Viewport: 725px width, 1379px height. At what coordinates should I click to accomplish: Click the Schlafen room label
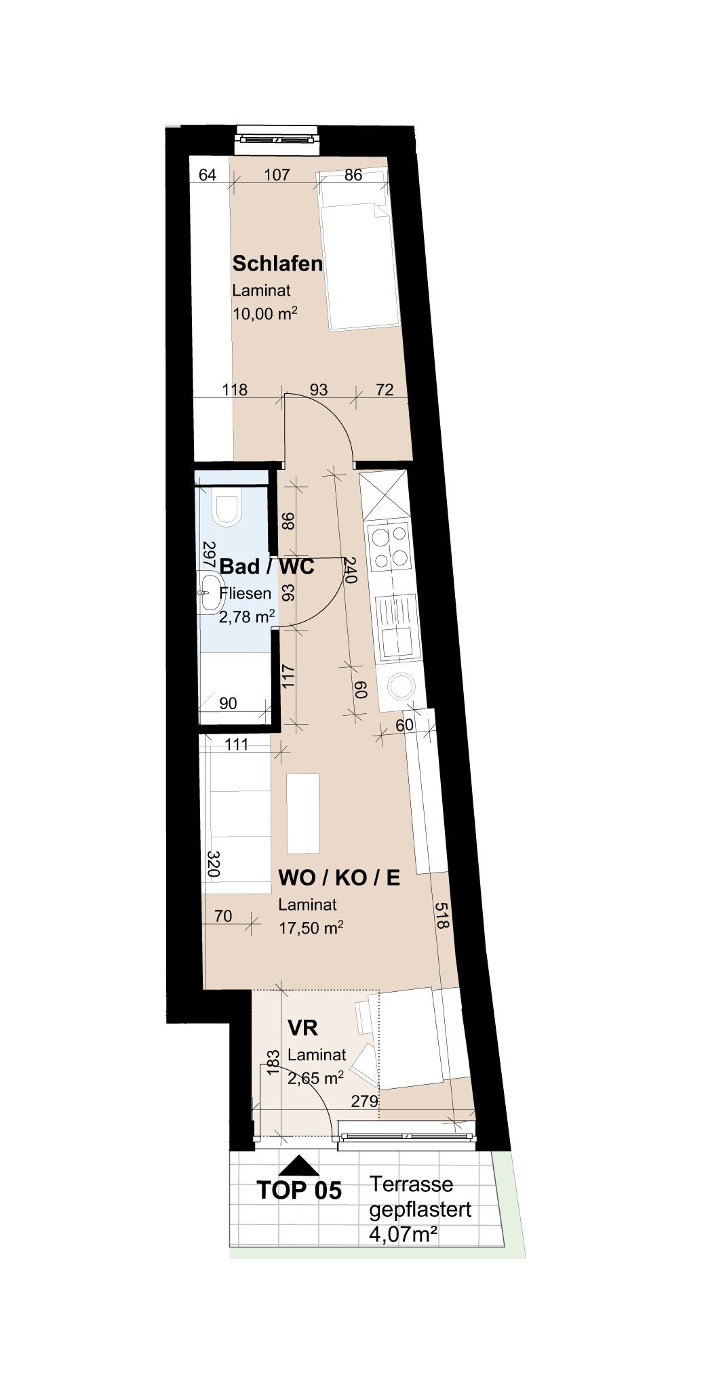coord(277,263)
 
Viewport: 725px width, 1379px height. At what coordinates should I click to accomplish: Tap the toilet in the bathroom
coord(227,510)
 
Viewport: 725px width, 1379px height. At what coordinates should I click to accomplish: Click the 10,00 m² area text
coord(265,314)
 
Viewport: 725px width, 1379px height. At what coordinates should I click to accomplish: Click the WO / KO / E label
coord(339,878)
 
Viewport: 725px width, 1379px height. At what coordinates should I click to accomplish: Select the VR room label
coord(302,1028)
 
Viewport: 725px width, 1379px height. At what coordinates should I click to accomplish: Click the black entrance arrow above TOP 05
coord(298,1165)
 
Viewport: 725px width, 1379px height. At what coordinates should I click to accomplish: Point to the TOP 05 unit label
coord(299,1191)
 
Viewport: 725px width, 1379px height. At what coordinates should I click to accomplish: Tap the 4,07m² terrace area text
coord(402,1234)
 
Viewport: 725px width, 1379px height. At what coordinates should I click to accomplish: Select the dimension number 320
coord(213,864)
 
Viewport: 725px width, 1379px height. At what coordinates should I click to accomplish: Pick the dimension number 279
coord(364,1102)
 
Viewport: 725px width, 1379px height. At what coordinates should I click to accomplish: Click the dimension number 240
coord(349,570)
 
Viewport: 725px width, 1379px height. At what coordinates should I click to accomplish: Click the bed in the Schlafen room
coord(355,251)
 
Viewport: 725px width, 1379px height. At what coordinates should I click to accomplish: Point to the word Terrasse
coord(411,1184)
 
